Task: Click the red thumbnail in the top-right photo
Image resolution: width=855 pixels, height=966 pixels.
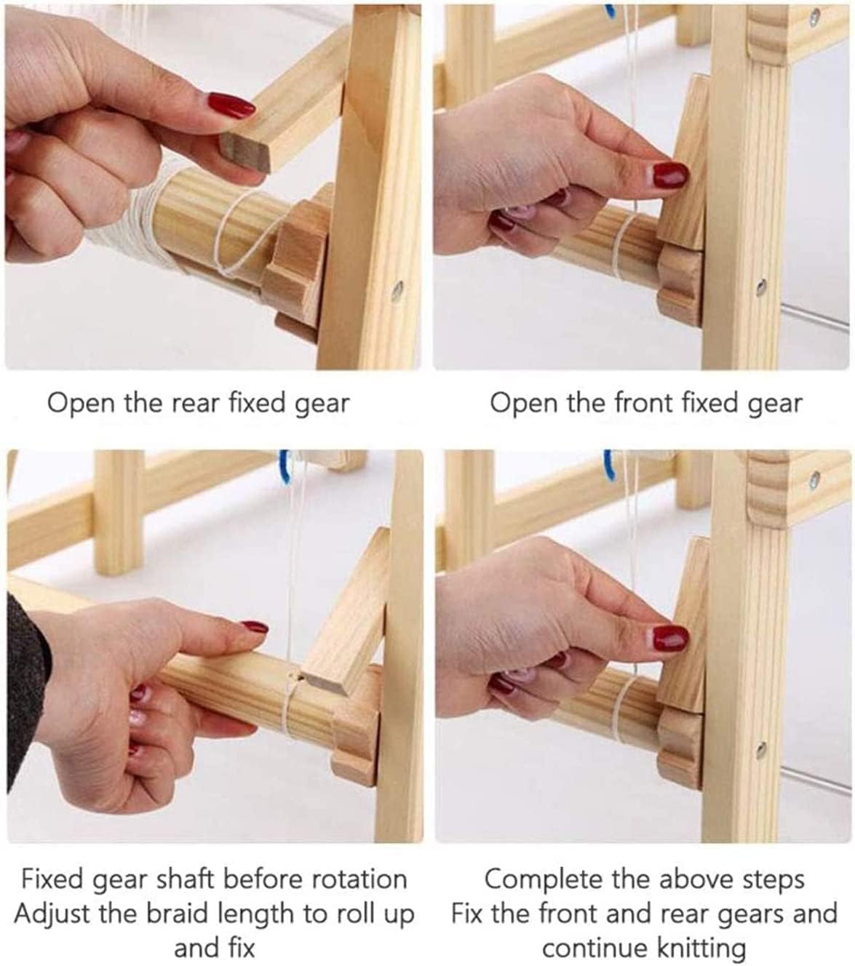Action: (x=670, y=175)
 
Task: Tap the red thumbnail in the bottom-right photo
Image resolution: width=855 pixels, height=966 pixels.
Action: (x=670, y=639)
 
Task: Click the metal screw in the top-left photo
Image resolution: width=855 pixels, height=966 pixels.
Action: (x=397, y=291)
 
